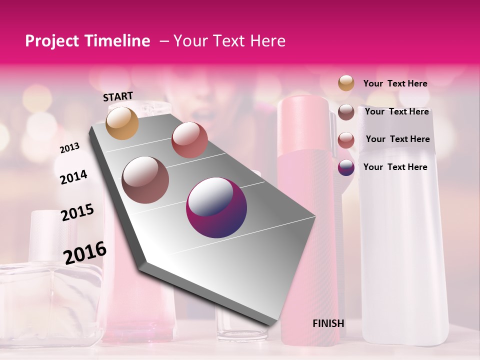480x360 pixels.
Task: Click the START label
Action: pyautogui.click(x=118, y=96)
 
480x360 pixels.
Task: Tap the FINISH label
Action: pyautogui.click(x=328, y=323)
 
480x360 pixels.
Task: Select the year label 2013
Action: pyautogui.click(x=70, y=148)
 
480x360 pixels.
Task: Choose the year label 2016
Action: pyautogui.click(x=85, y=253)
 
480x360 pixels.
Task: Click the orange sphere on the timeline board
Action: pyautogui.click(x=122, y=123)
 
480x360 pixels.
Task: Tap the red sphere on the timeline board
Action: pyautogui.click(x=189, y=140)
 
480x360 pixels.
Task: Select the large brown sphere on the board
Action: pyautogui.click(x=145, y=180)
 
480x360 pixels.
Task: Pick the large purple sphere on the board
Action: pyautogui.click(x=216, y=207)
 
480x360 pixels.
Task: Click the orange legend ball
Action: pyautogui.click(x=346, y=83)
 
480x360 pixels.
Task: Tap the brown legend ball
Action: pyautogui.click(x=346, y=112)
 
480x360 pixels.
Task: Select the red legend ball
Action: pyautogui.click(x=346, y=140)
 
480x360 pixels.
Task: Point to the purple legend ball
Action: pyautogui.click(x=346, y=167)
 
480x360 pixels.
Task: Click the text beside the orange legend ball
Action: pyautogui.click(x=395, y=83)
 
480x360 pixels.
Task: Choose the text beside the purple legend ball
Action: pyautogui.click(x=395, y=167)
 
